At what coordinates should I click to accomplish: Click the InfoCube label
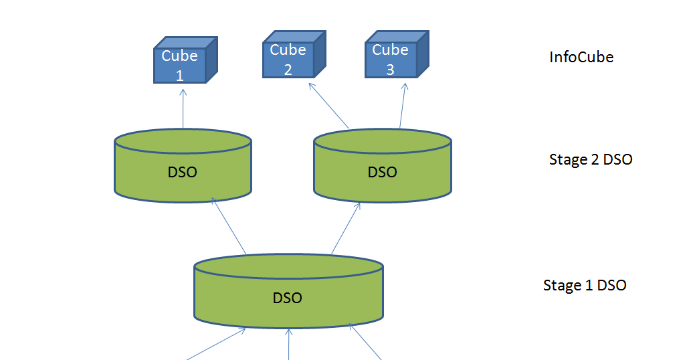click(581, 57)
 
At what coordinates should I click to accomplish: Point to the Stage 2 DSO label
click(590, 159)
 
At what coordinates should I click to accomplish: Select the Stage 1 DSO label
click(584, 285)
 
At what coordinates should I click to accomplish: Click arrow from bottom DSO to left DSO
click(229, 227)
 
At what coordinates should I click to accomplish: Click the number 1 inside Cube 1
click(179, 75)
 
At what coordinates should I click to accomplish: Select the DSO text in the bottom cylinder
click(288, 298)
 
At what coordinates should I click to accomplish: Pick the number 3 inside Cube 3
click(390, 70)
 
